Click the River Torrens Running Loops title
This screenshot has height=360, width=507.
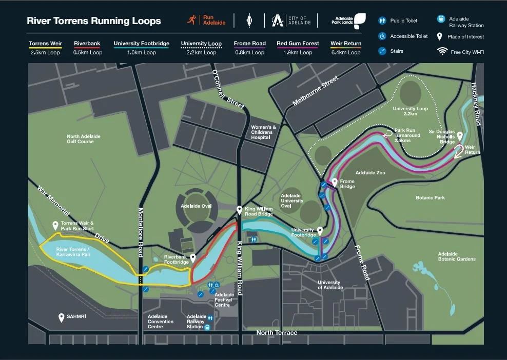click(x=94, y=21)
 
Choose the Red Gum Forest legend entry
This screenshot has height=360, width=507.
click(x=298, y=48)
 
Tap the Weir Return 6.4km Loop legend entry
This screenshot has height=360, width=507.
click(x=346, y=48)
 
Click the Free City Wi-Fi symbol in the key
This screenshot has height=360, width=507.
click(x=441, y=51)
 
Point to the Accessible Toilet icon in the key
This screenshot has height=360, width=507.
click(x=382, y=36)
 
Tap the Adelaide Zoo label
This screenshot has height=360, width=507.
click(x=370, y=173)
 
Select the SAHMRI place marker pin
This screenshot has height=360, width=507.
click(x=62, y=317)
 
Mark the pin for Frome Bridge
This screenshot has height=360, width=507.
click(x=335, y=182)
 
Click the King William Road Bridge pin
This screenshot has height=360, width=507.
click(x=239, y=210)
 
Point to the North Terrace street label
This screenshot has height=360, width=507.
click(x=277, y=333)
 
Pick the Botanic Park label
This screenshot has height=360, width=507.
click(x=430, y=197)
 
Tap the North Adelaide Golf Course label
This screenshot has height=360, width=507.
click(x=80, y=138)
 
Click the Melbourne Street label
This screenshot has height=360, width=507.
click(x=316, y=91)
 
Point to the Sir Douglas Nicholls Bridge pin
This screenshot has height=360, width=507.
click(x=460, y=136)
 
